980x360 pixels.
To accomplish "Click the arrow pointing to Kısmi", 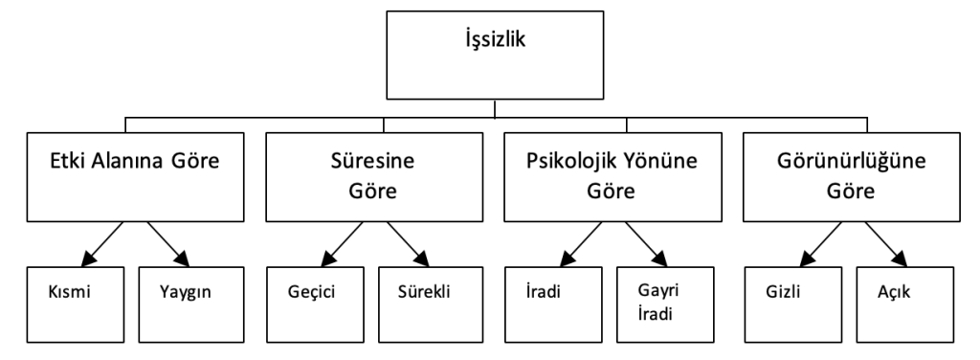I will point(100,245).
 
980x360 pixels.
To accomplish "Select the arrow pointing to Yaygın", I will point(165,245).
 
